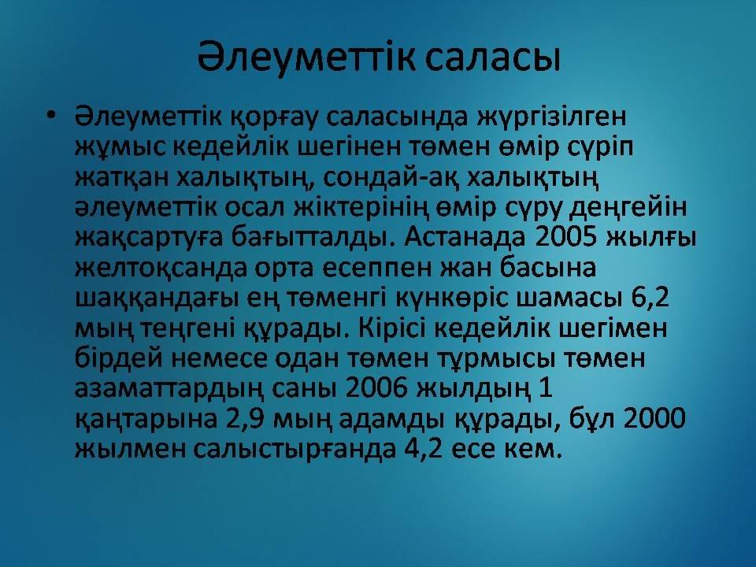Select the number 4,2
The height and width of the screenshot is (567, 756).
pos(417,448)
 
